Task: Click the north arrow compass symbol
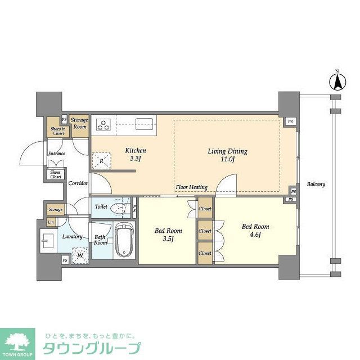(x=337, y=83)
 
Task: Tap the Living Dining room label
(x=228, y=155)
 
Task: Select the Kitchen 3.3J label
(x=135, y=154)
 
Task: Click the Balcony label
(x=316, y=184)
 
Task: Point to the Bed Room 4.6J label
(x=255, y=231)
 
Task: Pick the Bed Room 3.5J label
(x=168, y=235)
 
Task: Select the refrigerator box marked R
(x=101, y=161)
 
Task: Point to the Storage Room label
(x=79, y=124)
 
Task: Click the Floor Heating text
(x=191, y=187)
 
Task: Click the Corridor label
(x=78, y=183)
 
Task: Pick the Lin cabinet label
(x=51, y=223)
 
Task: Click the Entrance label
(x=56, y=154)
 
